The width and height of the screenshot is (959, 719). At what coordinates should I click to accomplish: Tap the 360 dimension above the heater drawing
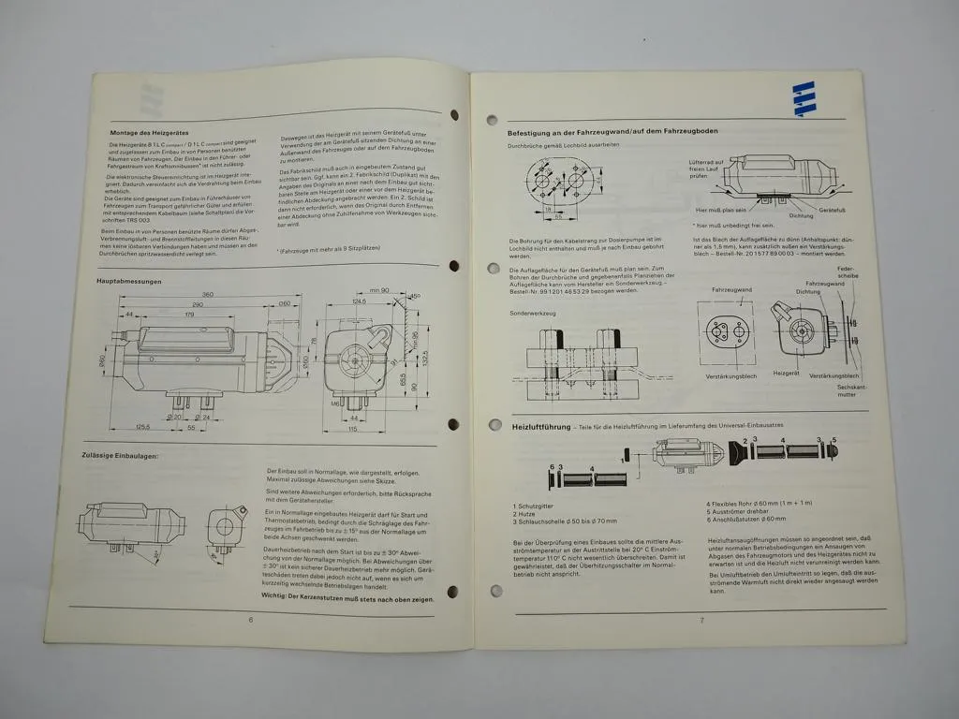point(208,295)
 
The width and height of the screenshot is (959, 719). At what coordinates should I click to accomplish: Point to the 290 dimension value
point(199,305)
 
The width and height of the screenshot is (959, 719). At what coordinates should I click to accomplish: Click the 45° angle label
point(416,298)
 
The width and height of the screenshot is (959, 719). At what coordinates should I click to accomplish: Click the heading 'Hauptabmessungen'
point(129,281)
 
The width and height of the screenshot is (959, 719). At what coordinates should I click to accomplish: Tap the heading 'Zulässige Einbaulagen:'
point(121,456)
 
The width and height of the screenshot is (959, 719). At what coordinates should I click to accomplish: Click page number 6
point(250,619)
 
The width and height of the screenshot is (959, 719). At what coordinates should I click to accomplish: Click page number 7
point(701,620)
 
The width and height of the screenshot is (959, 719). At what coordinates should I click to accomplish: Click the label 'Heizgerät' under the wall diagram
point(786,374)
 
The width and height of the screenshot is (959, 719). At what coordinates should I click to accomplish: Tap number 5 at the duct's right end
point(834,439)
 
